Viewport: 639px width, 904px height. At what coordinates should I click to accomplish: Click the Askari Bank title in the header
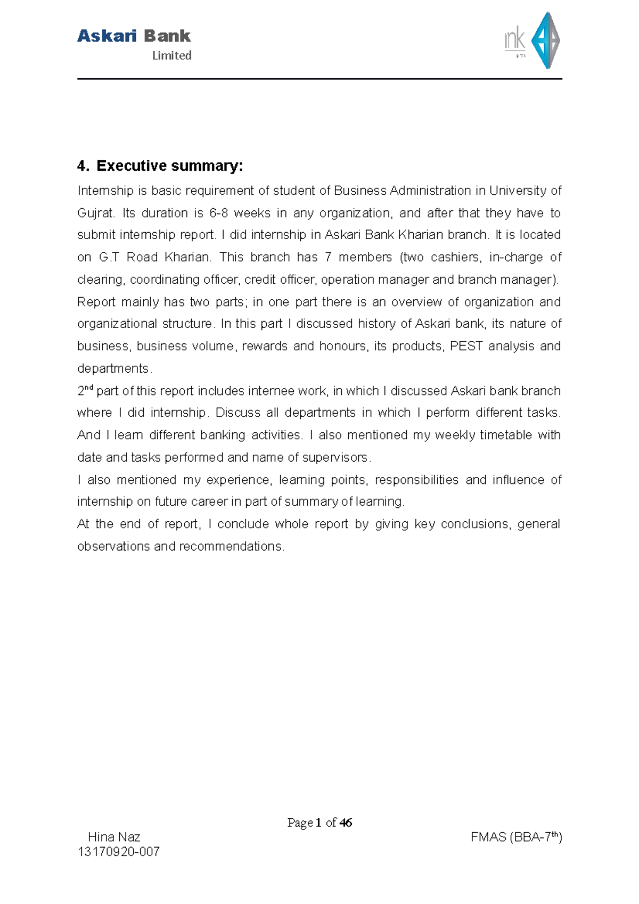[134, 36]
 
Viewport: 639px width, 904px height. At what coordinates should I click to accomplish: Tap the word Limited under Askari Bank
[171, 55]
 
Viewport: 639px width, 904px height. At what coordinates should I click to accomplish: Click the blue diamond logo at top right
[546, 40]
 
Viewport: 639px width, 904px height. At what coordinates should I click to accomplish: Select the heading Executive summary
[169, 166]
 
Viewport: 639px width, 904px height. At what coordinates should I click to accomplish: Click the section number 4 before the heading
[81, 166]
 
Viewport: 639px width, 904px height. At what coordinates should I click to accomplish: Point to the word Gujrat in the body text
[95, 213]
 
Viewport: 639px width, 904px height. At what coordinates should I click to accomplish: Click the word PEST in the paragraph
[466, 347]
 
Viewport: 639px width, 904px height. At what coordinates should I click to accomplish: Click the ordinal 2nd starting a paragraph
[85, 391]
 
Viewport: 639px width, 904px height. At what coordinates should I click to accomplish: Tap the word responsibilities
[416, 480]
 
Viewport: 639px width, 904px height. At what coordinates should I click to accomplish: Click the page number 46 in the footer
[346, 823]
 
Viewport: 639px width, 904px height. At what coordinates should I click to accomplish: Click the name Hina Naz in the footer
[114, 837]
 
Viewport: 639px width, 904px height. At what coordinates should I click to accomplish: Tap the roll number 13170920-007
[119, 852]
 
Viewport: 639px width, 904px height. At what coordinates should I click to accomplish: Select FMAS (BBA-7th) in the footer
[516, 837]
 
